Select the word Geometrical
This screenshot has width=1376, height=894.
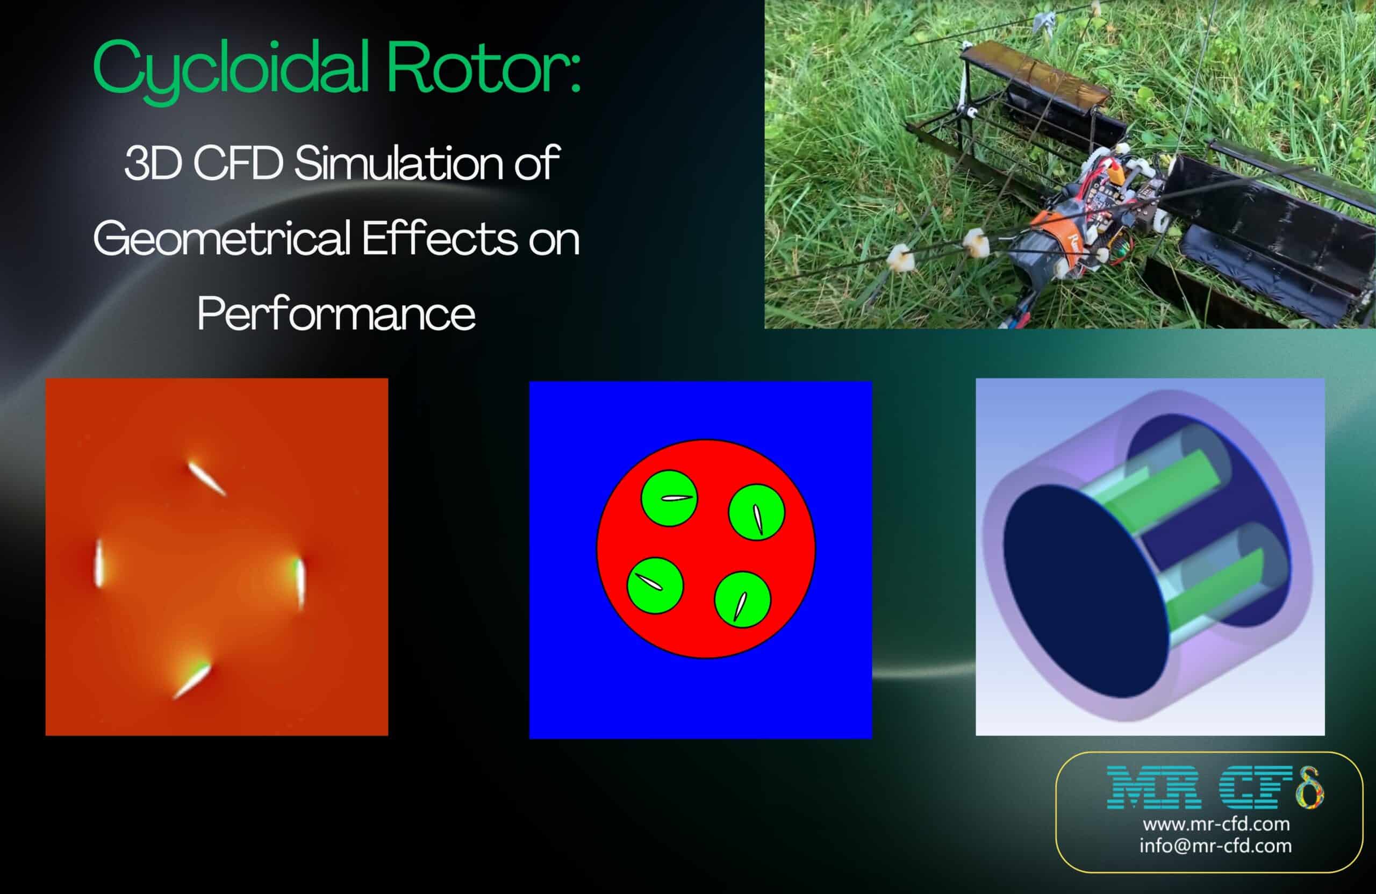coord(223,238)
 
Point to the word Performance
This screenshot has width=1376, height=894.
coord(336,313)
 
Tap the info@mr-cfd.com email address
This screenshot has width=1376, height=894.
coord(1215,846)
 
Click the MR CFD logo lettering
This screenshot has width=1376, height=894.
coord(1214,788)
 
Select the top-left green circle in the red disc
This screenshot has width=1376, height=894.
coord(669,498)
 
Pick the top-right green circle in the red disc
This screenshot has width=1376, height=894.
coord(756,512)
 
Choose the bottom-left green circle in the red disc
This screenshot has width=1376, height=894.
coord(655,585)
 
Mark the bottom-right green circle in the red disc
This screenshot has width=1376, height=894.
coord(742,599)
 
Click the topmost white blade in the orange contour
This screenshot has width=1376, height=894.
coord(206,478)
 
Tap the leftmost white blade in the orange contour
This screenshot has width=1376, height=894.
coord(99,563)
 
